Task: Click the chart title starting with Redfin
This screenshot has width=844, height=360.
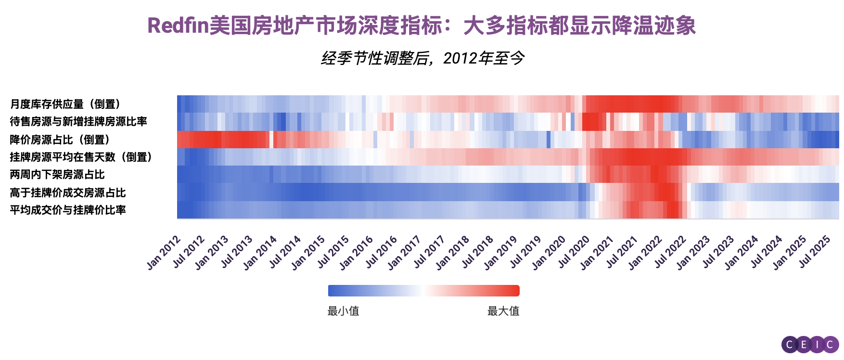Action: point(422,25)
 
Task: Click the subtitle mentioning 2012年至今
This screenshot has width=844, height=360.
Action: point(422,58)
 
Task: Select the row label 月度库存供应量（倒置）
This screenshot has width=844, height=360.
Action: point(66,104)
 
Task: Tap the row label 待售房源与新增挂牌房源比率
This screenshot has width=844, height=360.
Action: point(78,121)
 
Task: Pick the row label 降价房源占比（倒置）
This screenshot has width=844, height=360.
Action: point(61,140)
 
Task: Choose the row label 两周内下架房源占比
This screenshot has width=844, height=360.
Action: point(57,174)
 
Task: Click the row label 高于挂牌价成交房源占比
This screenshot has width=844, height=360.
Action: point(68,193)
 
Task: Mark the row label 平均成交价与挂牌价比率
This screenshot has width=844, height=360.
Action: point(68,210)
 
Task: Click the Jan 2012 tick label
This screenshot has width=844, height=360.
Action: point(164,252)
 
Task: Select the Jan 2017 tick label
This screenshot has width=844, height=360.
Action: point(405,252)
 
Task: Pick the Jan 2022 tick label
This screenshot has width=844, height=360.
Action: point(645,252)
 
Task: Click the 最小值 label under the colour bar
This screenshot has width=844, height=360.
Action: point(343,311)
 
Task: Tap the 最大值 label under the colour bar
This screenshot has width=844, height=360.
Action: point(503,311)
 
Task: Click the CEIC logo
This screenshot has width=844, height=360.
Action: point(810,345)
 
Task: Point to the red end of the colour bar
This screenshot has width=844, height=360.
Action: point(514,291)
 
